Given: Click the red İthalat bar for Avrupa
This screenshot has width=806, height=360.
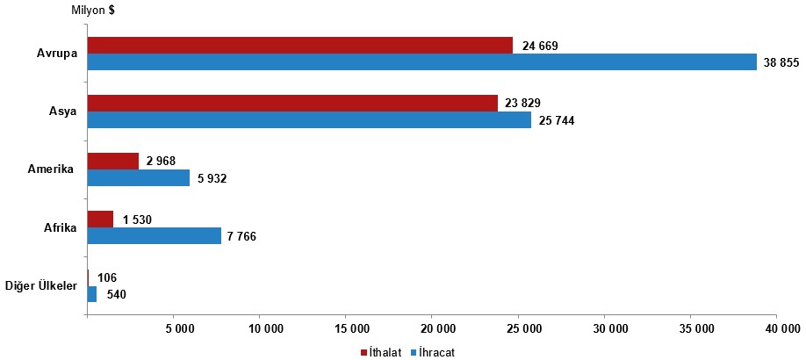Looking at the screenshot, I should tap(299, 46).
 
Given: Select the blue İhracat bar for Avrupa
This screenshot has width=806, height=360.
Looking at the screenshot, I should tap(421, 62).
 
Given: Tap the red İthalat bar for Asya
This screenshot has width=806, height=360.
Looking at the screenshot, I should tap(292, 104).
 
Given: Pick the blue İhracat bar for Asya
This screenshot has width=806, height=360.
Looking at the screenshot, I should tap(309, 120).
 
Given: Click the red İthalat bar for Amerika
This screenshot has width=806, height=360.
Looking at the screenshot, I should tap(113, 162).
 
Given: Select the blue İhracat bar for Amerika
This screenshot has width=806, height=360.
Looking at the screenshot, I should tap(139, 178).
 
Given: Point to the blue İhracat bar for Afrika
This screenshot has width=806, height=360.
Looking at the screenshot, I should tap(155, 236).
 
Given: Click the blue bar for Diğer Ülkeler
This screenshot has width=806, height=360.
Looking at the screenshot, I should tap(92, 294).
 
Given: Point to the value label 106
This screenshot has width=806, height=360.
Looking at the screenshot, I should tap(106, 277).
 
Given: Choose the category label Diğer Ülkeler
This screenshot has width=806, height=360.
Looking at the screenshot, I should tap(41, 286).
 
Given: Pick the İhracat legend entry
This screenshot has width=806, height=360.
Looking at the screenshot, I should tap(436, 351).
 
